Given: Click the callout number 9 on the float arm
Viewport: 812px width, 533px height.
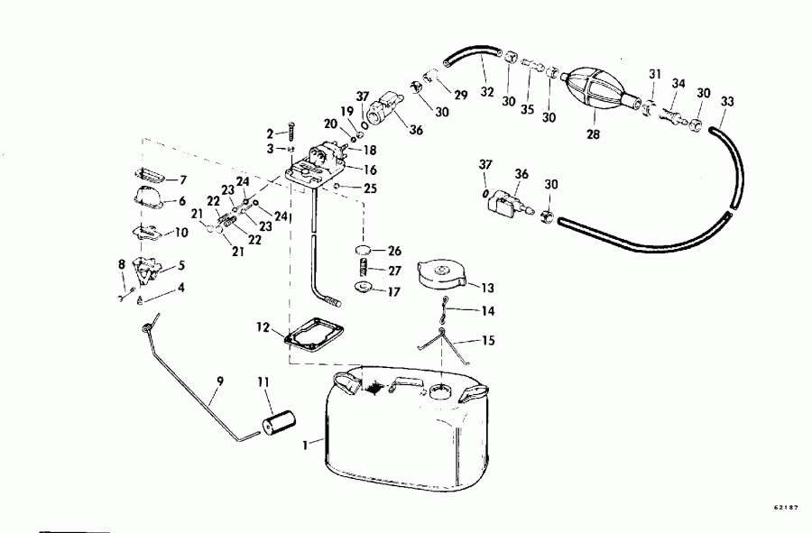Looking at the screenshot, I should pos(218,381).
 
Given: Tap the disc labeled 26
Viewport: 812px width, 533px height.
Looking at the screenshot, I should pos(364,249).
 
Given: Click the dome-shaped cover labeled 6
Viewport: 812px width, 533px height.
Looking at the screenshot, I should pos(150,200).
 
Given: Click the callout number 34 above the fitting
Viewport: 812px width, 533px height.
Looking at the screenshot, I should pos(679,85).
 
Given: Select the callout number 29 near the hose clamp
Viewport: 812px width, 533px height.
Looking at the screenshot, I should pos(461,95).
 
